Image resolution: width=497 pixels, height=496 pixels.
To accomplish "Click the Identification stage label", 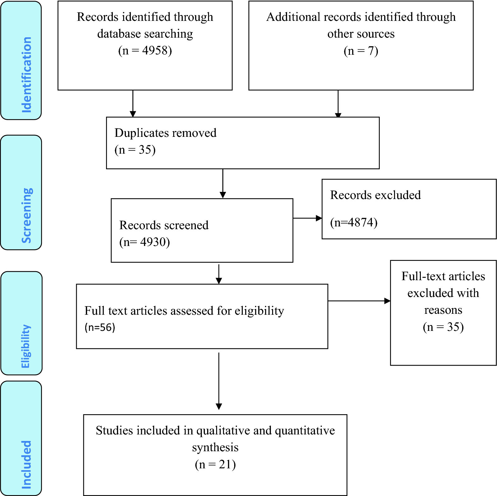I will tap(26, 75).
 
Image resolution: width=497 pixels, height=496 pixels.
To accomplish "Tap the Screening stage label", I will tap(26, 215).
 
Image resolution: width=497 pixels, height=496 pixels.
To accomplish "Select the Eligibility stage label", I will tap(26, 346).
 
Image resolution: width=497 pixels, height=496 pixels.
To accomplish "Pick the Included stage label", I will tap(26, 464).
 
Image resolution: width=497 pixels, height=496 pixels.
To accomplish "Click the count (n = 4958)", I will tap(145, 50).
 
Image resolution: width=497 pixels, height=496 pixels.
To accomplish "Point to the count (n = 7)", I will tap(361, 51).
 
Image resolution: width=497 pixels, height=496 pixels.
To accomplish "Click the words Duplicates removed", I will tap(165, 133).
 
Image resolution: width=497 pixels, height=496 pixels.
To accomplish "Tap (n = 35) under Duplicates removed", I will tap(135, 150).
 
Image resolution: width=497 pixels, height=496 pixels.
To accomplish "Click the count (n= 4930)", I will tap(145, 242).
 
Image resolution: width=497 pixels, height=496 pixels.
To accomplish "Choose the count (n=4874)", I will tap(354, 223).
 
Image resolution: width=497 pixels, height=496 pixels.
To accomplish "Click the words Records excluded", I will tap(375, 195).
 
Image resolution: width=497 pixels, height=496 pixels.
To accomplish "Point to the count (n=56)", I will tap(100, 327).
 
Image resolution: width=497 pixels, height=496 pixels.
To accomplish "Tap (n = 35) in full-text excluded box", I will tap(443, 327).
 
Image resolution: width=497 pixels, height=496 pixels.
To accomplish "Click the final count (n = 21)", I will tap(215, 465).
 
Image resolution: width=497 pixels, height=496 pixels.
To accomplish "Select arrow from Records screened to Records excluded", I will tap(307, 218).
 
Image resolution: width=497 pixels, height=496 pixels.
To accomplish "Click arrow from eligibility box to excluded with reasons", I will tap(359, 301).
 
